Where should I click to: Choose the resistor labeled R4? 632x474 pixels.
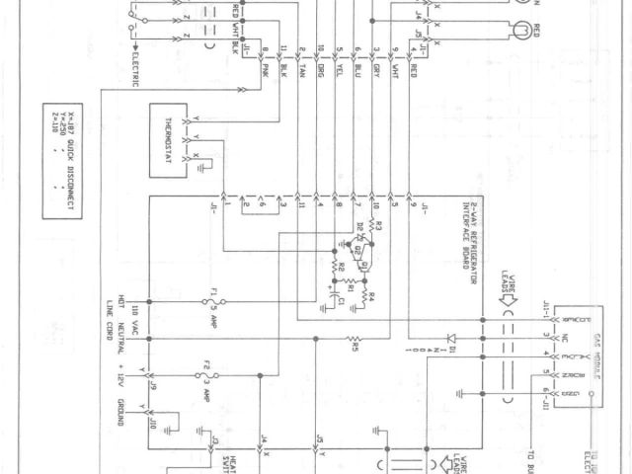click(x=367, y=294)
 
